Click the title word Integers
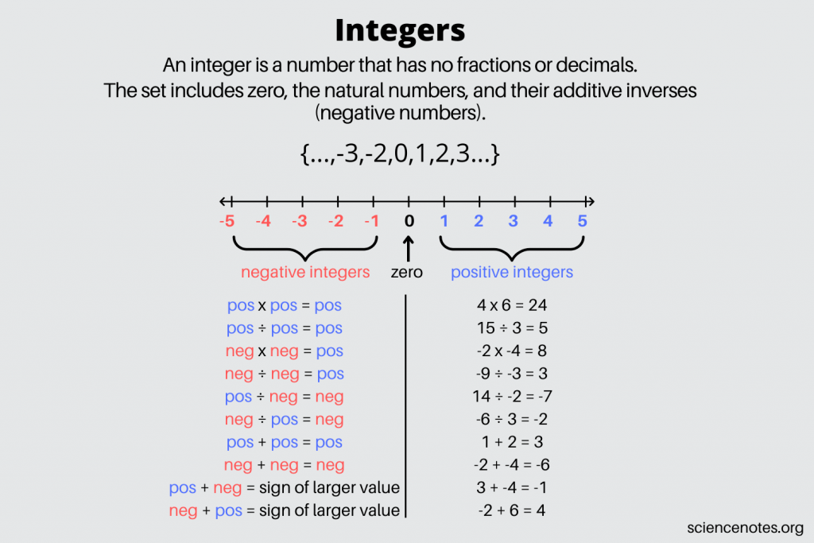(399, 30)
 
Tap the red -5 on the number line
(227, 221)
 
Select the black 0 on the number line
(409, 221)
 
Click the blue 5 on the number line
(583, 221)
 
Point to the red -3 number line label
(299, 221)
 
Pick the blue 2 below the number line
(479, 221)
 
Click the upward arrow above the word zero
(408, 250)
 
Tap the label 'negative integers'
(305, 273)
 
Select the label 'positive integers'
(512, 273)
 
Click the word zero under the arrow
(407, 273)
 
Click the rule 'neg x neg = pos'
(284, 351)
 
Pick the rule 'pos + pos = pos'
(284, 442)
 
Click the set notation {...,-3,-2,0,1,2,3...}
(400, 153)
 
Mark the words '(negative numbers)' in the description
(400, 113)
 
